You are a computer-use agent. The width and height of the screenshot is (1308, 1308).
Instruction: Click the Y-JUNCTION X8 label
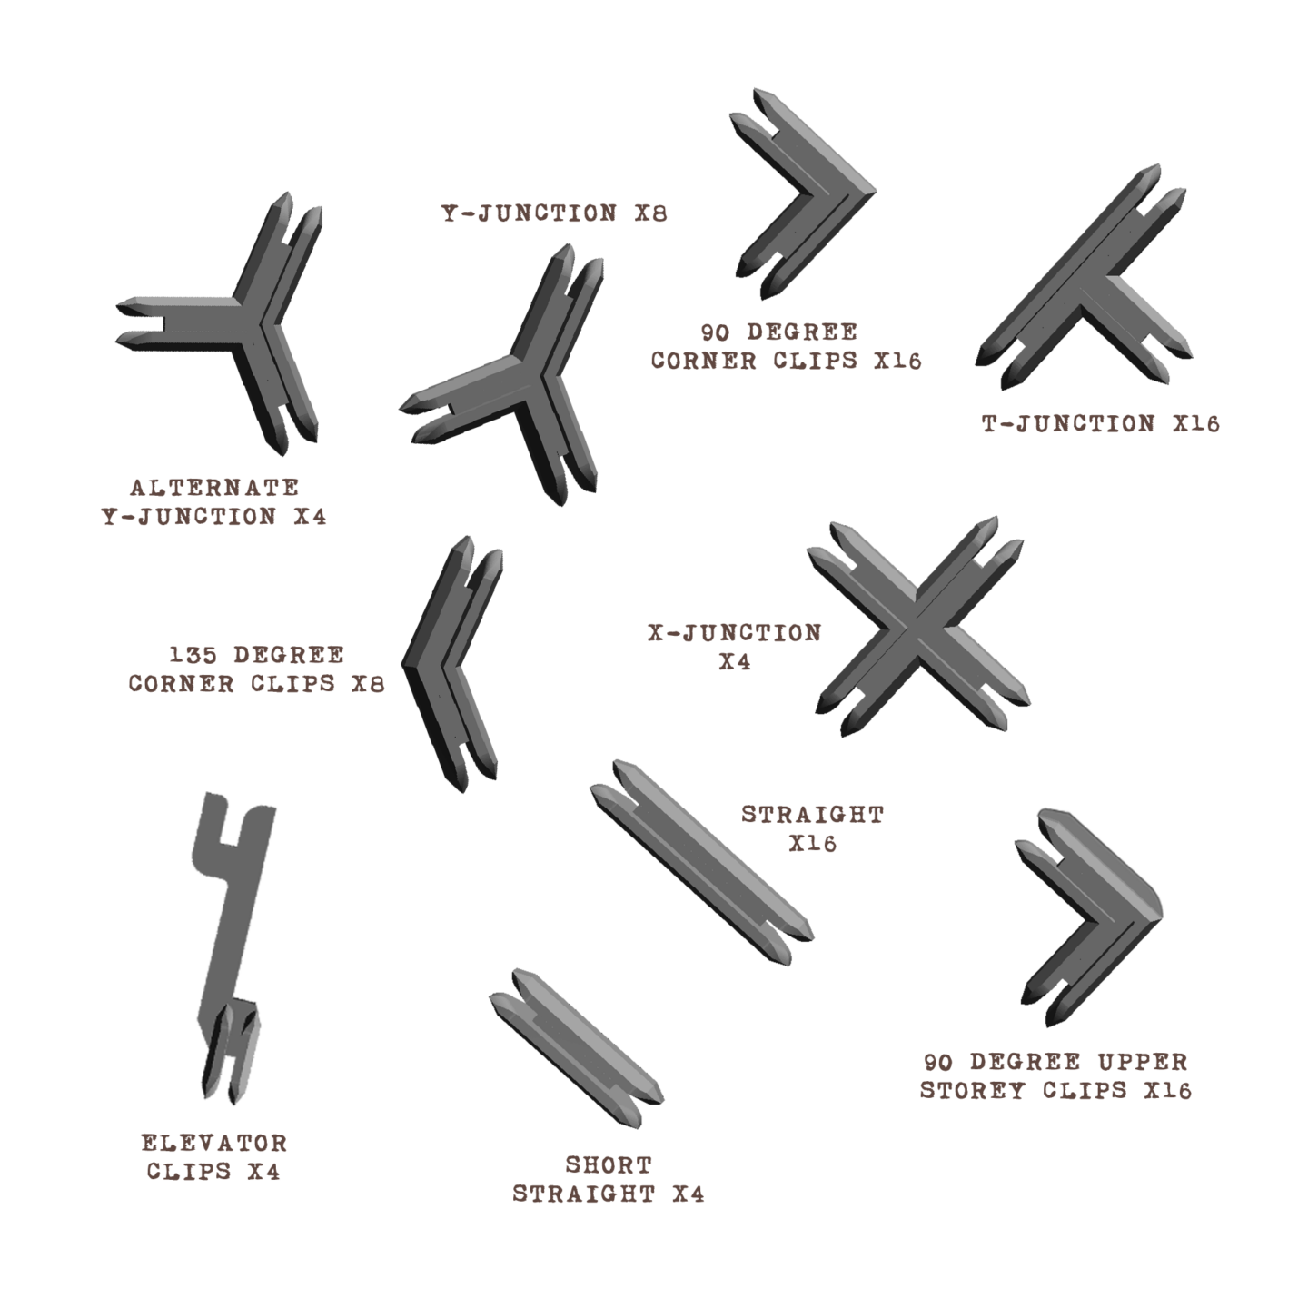click(x=554, y=213)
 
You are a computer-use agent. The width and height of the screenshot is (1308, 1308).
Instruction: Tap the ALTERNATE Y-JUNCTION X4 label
click(x=213, y=502)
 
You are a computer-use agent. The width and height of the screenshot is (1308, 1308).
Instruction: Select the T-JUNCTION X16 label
click(x=1100, y=423)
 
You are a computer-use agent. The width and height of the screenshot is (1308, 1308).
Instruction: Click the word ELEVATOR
click(x=214, y=1143)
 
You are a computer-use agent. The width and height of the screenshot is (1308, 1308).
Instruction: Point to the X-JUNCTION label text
click(x=734, y=633)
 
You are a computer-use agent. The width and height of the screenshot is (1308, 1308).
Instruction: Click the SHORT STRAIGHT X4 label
click(x=609, y=1179)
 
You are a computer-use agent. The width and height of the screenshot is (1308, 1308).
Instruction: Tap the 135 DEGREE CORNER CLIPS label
click(x=256, y=669)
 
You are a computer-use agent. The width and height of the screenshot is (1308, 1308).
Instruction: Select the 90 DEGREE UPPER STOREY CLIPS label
click(x=1055, y=1075)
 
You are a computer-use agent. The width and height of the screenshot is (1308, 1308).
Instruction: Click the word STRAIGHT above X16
click(x=812, y=814)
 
